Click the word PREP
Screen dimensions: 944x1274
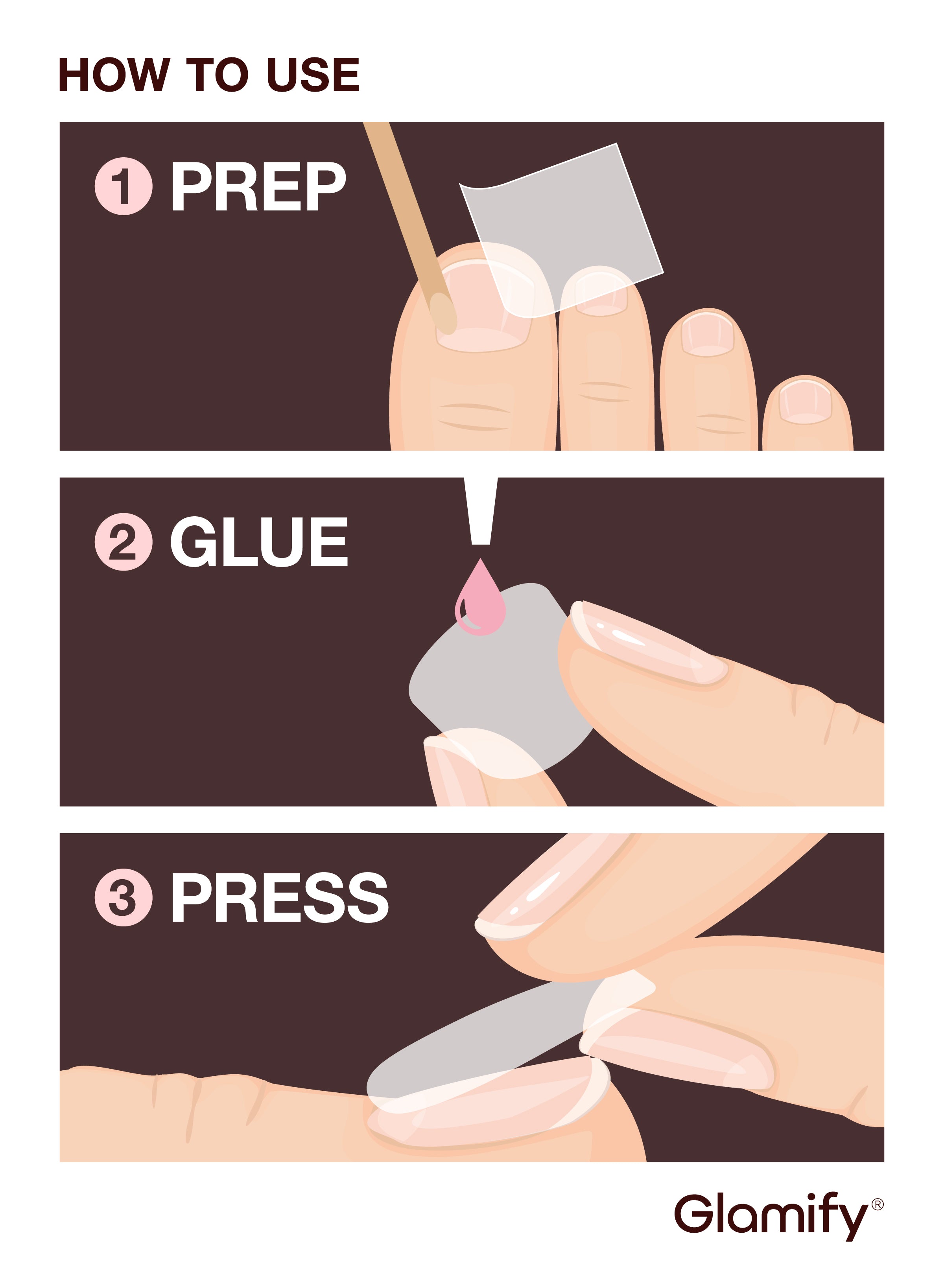click(258, 186)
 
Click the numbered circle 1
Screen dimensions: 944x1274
click(124, 186)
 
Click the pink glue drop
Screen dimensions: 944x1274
click(481, 597)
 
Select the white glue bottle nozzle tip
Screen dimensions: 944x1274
click(481, 511)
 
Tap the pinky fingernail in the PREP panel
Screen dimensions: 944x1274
click(806, 403)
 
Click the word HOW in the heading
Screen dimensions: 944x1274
click(114, 75)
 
